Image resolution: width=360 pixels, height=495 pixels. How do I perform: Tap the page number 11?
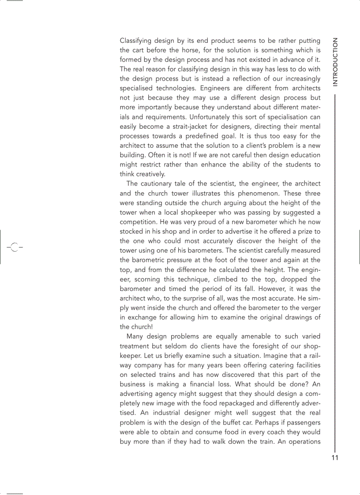(335, 458)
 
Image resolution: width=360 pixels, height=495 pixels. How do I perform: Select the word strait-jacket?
(188, 127)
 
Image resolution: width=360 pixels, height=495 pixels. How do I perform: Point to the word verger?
(310, 308)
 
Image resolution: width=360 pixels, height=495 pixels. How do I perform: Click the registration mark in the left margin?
(14, 247)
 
